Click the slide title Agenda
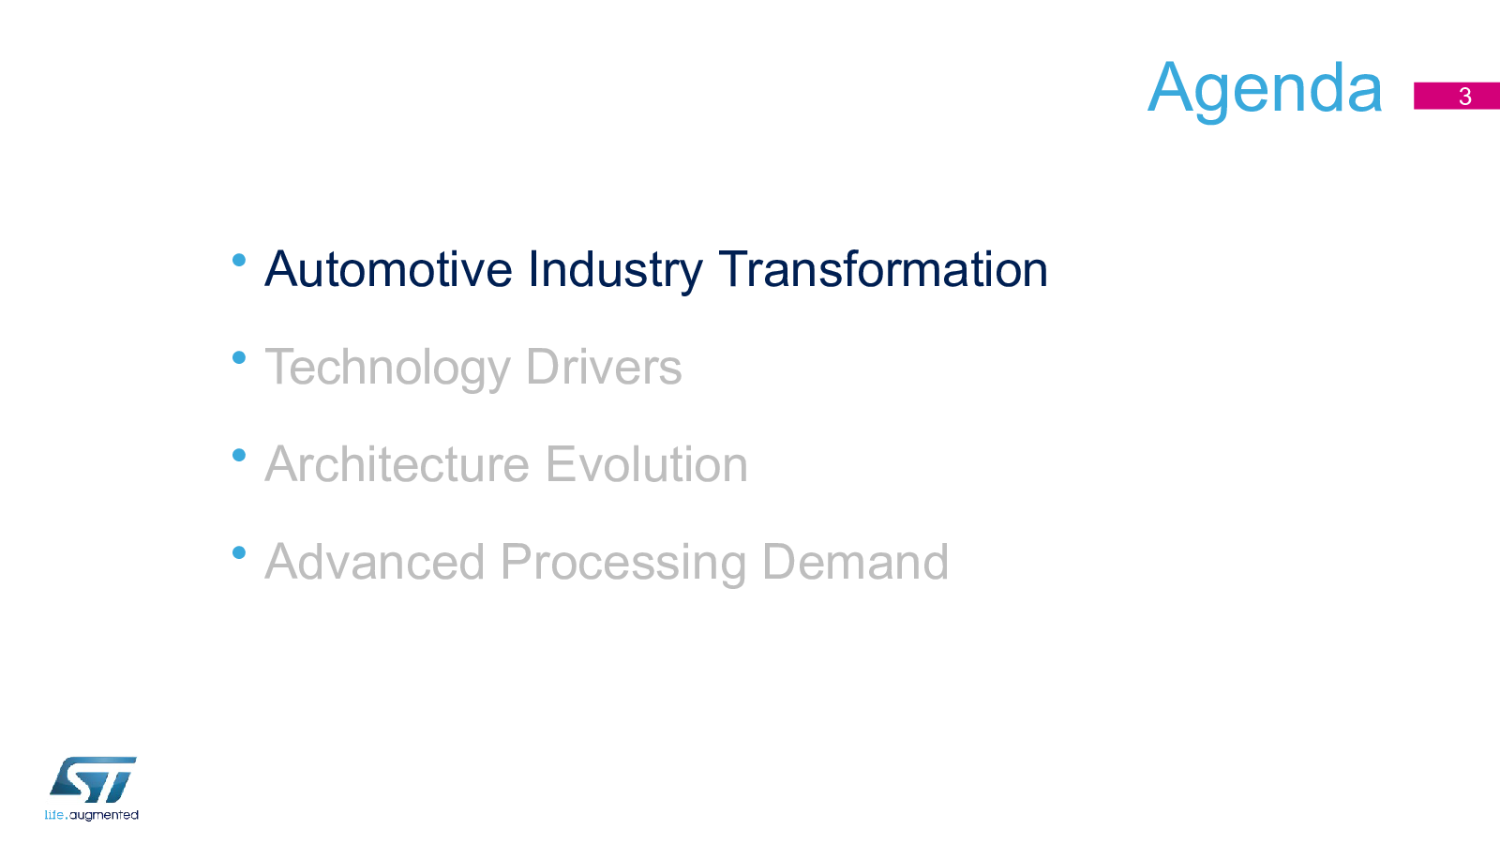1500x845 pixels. click(1265, 90)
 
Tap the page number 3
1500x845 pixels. click(1465, 97)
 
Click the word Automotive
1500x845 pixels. click(388, 269)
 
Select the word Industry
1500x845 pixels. click(615, 271)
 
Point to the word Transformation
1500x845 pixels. click(882, 269)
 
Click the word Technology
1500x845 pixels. click(387, 369)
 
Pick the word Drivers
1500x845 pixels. click(604, 368)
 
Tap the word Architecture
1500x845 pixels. click(397, 464)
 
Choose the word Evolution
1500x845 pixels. click(646, 464)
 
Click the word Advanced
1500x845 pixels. click(374, 562)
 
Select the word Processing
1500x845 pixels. click(622, 564)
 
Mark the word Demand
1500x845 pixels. click(855, 562)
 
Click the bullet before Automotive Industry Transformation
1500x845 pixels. click(239, 260)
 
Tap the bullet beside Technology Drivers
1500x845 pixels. click(239, 358)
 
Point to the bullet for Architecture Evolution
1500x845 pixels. click(239, 456)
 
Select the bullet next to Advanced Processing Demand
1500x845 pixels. click(239, 552)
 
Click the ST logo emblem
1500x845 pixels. click(93, 779)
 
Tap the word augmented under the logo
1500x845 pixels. click(104, 816)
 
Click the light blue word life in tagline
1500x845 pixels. click(54, 815)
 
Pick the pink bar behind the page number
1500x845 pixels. click(1457, 96)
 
